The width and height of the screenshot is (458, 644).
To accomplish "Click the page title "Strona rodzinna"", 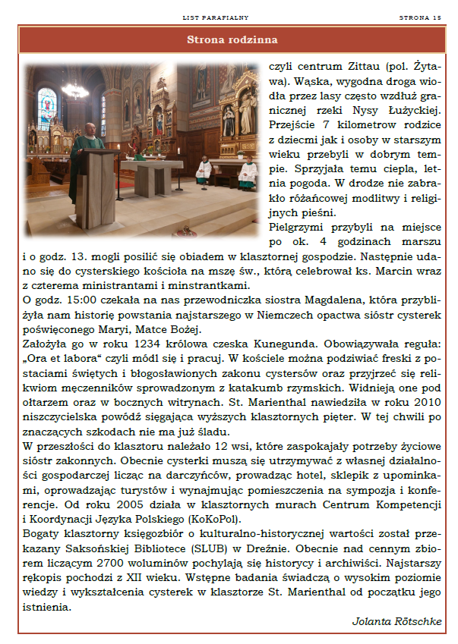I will pos(232,39).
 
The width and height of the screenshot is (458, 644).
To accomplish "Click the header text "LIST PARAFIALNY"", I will pos(216,16).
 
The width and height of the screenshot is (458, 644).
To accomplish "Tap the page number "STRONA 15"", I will pos(419,16).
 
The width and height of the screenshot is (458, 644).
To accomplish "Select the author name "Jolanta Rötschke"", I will pos(396,621).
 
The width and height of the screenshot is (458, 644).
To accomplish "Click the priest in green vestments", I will pos(86,156).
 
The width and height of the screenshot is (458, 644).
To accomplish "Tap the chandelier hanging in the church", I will pos(74,90).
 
